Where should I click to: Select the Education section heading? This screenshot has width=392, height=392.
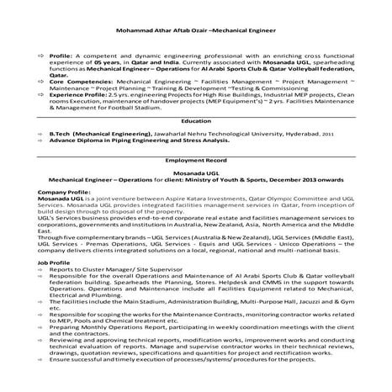coord(195,121)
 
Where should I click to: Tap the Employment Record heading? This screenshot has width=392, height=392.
coord(195,159)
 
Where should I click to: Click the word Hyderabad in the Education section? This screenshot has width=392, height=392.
coord(299,134)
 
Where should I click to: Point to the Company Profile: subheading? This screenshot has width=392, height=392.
coord(63,192)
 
